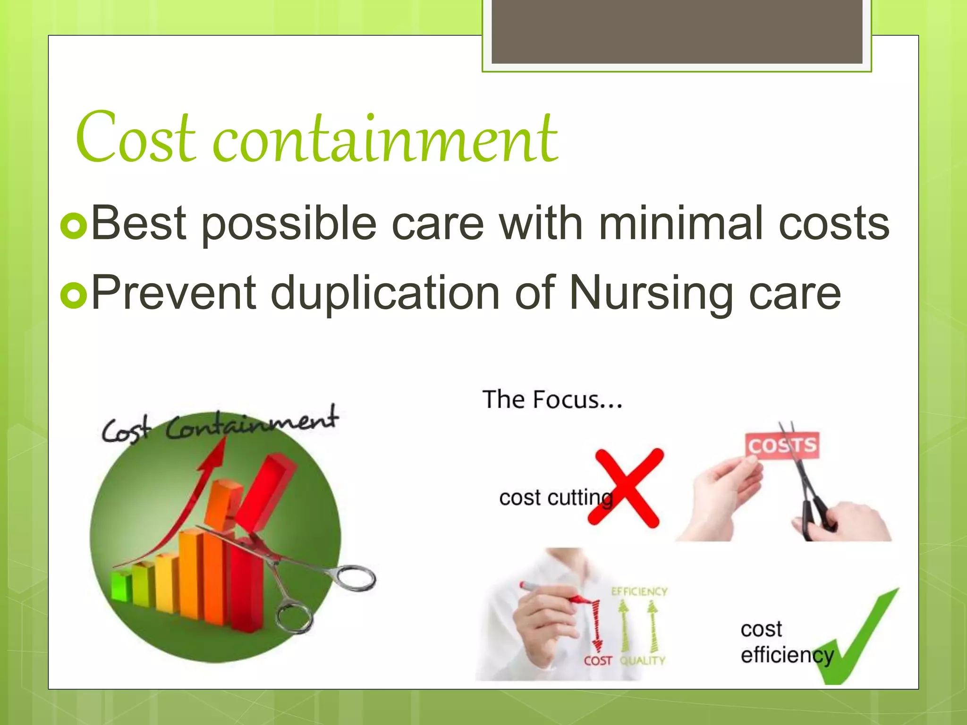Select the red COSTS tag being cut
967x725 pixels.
click(782, 445)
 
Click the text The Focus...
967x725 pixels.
click(552, 400)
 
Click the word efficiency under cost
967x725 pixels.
click(787, 655)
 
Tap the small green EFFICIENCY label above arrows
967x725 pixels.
click(639, 591)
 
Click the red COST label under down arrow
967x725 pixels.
click(598, 661)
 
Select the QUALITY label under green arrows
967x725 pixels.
click(642, 661)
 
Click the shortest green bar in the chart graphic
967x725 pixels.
click(121, 587)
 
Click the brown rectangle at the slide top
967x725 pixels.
click(677, 32)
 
